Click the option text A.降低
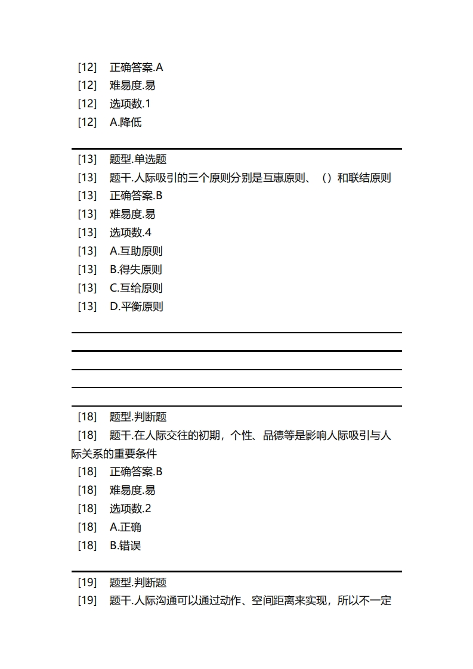coord(125,122)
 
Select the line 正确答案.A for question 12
coord(136,67)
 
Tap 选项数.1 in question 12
coord(130,104)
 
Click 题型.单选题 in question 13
coord(138,159)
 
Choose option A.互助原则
coord(136,251)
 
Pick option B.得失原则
coord(136,270)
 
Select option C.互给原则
coord(136,288)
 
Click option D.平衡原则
coord(137,306)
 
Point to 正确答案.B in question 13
coord(136,196)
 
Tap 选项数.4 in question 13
coord(131,233)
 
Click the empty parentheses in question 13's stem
coord(326,178)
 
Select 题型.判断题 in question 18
coord(138,417)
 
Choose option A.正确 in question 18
coord(125,527)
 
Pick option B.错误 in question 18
coord(125,546)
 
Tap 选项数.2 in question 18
coord(131,509)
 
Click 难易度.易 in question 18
coord(132,490)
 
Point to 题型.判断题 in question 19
coord(138,583)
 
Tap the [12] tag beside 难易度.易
coord(87,85)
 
